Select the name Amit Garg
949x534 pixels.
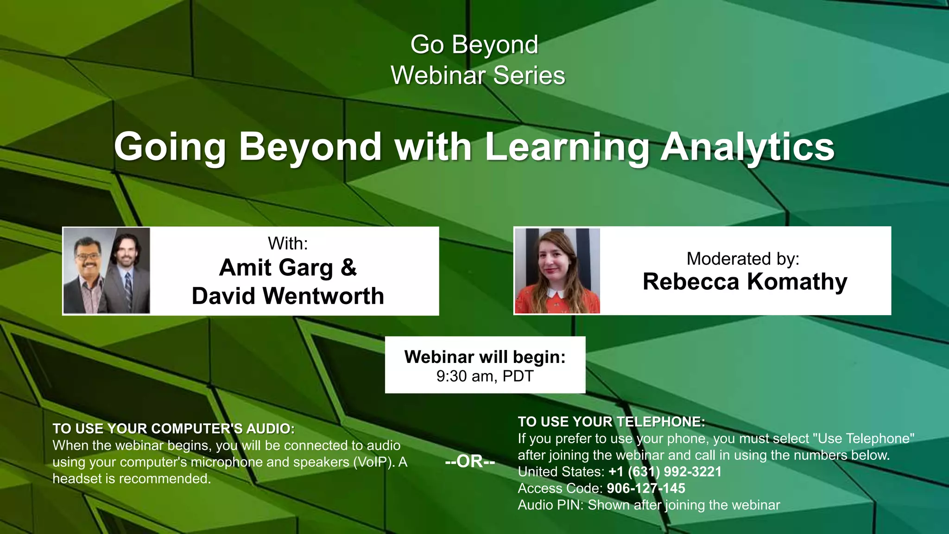coord(276,267)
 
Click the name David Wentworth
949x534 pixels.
coord(288,296)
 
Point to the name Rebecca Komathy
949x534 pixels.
coord(745,282)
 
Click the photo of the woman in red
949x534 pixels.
coord(557,271)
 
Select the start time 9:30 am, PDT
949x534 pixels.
coord(485,376)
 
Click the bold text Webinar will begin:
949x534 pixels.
coord(485,357)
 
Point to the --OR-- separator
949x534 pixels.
coord(470,462)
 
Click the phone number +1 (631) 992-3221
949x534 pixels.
coord(665,472)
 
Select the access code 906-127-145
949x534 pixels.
coord(646,489)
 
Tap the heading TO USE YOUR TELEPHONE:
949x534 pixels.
coord(611,422)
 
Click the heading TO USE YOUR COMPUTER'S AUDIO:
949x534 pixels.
coord(173,429)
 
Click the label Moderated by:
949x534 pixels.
coord(743,259)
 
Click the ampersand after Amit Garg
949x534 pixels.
coord(349,267)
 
